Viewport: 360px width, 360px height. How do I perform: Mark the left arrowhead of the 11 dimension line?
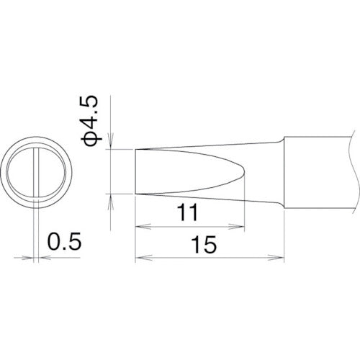(x=140, y=226)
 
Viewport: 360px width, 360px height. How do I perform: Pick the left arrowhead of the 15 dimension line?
(x=140, y=258)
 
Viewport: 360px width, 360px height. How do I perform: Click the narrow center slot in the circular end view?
(x=35, y=173)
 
